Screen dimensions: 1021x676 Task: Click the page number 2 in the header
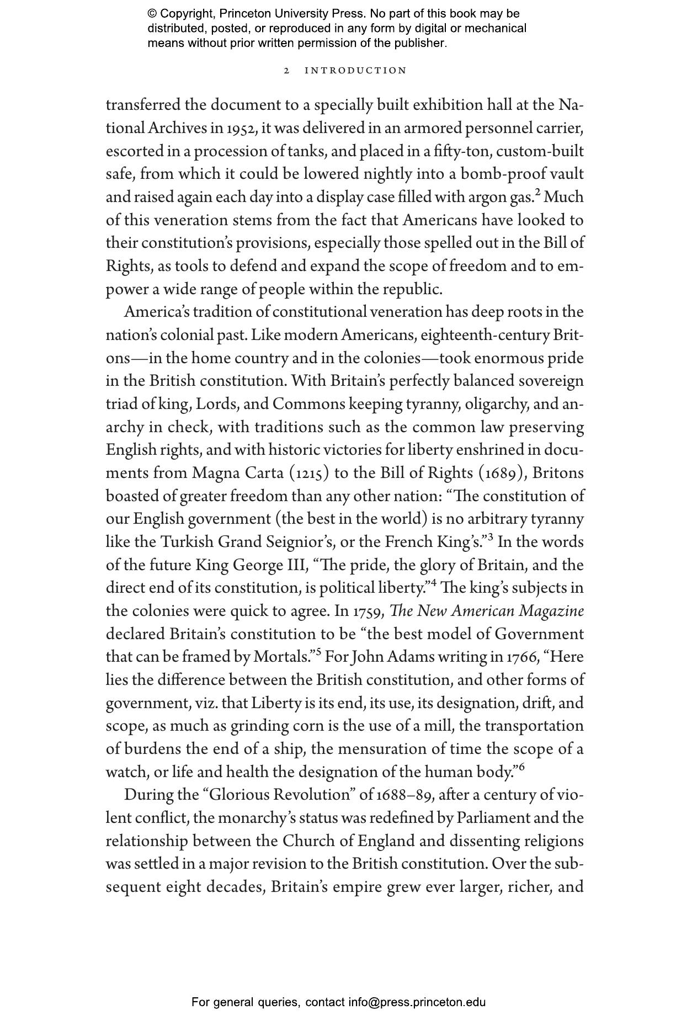coord(286,71)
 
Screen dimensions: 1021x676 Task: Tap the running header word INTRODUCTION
coord(356,71)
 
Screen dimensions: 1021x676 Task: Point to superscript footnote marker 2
coord(538,193)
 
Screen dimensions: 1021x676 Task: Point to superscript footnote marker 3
coord(490,538)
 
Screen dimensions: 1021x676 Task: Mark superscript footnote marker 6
coord(521,767)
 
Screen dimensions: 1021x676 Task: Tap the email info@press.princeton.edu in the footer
coord(417,1002)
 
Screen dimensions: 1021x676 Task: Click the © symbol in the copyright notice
coord(153,14)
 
